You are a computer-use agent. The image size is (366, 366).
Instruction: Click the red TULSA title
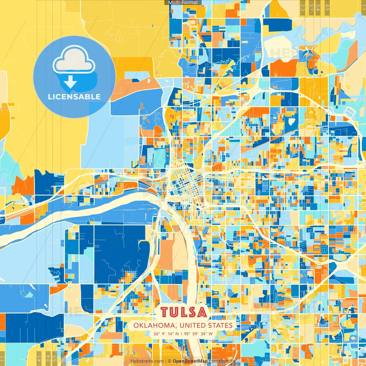[183, 312]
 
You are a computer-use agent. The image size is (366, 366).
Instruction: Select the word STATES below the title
[220, 325]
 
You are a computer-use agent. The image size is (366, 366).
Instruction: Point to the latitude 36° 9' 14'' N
[166, 334]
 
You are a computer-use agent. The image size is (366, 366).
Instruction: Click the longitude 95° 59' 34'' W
[198, 334]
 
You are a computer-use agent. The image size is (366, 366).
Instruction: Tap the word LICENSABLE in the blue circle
[74, 97]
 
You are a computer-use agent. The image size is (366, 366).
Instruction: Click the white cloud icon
[74, 60]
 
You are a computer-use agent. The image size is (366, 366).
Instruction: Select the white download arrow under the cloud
[70, 82]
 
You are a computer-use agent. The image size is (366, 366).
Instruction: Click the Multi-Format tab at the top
[183, 2]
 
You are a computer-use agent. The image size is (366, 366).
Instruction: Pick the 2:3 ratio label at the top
[303, 7]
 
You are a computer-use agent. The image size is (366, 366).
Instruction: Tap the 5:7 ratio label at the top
[311, 7]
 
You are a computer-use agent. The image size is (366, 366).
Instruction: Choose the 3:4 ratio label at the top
[318, 7]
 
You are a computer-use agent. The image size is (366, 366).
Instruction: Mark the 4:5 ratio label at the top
[327, 7]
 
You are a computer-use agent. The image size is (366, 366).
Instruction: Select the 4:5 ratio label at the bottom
[39, 358]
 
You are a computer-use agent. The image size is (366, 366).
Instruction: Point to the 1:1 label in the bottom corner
[3, 359]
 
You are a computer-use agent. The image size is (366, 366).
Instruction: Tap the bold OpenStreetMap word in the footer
[190, 361]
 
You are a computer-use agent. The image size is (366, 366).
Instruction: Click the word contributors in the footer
[222, 361]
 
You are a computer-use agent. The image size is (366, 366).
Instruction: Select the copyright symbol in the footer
[170, 361]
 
